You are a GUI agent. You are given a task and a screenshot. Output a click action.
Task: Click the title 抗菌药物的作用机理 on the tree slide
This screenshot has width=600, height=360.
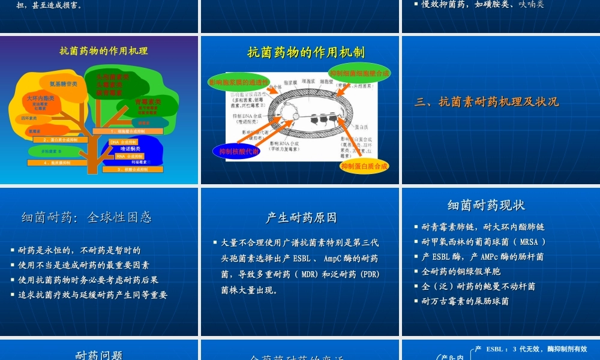tap(103, 51)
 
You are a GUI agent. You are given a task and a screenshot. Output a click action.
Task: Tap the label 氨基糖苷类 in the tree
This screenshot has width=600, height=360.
tap(63, 84)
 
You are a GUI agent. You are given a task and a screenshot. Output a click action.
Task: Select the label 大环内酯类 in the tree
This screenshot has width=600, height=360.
tap(41, 98)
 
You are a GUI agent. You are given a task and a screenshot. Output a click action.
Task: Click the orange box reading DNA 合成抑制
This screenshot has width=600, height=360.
tap(124, 142)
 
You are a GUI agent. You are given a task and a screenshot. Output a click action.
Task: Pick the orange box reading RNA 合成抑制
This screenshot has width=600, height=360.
tap(129, 156)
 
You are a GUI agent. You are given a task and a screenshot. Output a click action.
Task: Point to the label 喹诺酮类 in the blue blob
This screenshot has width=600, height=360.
tap(130, 149)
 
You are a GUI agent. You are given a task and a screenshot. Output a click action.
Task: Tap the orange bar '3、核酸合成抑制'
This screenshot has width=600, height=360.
tap(132, 169)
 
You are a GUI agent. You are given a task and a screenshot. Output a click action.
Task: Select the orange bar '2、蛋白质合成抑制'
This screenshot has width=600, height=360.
tap(60, 140)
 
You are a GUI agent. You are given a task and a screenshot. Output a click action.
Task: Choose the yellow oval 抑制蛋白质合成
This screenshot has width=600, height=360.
tap(364, 166)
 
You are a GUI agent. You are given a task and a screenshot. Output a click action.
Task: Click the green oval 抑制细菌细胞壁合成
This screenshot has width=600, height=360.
tap(359, 73)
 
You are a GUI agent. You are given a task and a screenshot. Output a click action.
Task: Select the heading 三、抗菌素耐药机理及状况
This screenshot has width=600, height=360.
tap(487, 102)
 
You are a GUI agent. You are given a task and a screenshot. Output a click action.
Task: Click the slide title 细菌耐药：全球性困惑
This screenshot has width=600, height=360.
tap(86, 217)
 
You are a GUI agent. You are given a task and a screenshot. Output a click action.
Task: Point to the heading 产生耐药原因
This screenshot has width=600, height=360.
tap(301, 218)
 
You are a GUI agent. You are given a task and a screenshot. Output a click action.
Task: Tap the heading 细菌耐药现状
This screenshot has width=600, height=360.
tap(486, 206)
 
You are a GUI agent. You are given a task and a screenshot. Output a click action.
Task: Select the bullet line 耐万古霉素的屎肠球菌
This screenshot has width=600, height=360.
tap(465, 301)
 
